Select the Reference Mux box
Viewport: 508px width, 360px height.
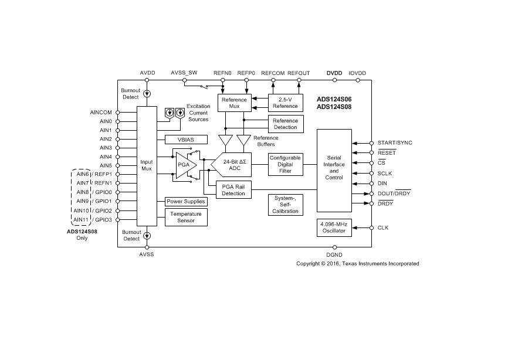pos(235,103)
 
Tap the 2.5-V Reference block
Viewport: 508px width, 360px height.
pos(286,103)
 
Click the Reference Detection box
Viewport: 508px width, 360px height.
pos(286,124)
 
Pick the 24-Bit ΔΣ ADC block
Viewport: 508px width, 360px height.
pos(231,165)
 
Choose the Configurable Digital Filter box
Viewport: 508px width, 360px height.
pos(286,164)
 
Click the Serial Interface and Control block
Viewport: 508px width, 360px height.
pos(334,171)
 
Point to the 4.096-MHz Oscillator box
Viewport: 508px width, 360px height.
pos(334,227)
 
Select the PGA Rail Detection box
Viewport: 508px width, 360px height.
pos(233,190)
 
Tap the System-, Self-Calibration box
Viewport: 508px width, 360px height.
pos(286,205)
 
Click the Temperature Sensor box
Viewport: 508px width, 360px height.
pos(186,217)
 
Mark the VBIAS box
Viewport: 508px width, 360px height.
pos(186,140)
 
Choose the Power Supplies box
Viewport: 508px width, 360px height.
pos(186,201)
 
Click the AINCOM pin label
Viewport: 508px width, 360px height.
pos(101,113)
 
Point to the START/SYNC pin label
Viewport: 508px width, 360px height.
pos(395,143)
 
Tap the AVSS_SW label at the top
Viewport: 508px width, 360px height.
pos(184,73)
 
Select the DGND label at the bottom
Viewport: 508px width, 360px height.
pos(334,255)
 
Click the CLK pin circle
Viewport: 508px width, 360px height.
pos(371,228)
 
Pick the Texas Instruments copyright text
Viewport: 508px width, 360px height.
pos(358,263)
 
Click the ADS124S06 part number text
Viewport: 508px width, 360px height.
pos(334,100)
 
